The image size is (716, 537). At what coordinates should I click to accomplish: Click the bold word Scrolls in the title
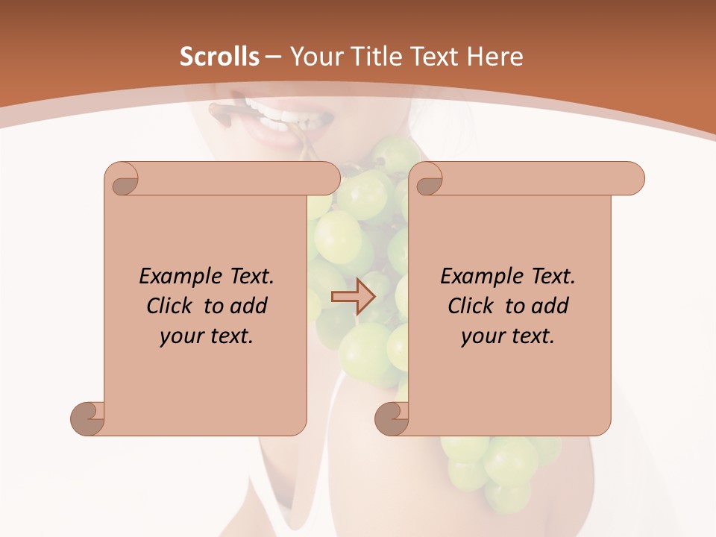tap(219, 57)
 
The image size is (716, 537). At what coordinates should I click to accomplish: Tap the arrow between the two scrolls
tap(354, 297)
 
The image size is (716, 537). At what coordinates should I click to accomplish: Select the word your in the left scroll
tap(180, 336)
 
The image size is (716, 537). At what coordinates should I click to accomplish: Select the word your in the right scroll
tap(481, 336)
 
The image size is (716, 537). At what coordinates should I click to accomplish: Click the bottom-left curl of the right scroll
tap(392, 418)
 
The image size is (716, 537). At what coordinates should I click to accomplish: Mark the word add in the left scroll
tap(248, 306)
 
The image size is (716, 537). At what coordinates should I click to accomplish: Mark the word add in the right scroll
tap(550, 306)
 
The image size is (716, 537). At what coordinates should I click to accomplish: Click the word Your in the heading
tap(314, 57)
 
